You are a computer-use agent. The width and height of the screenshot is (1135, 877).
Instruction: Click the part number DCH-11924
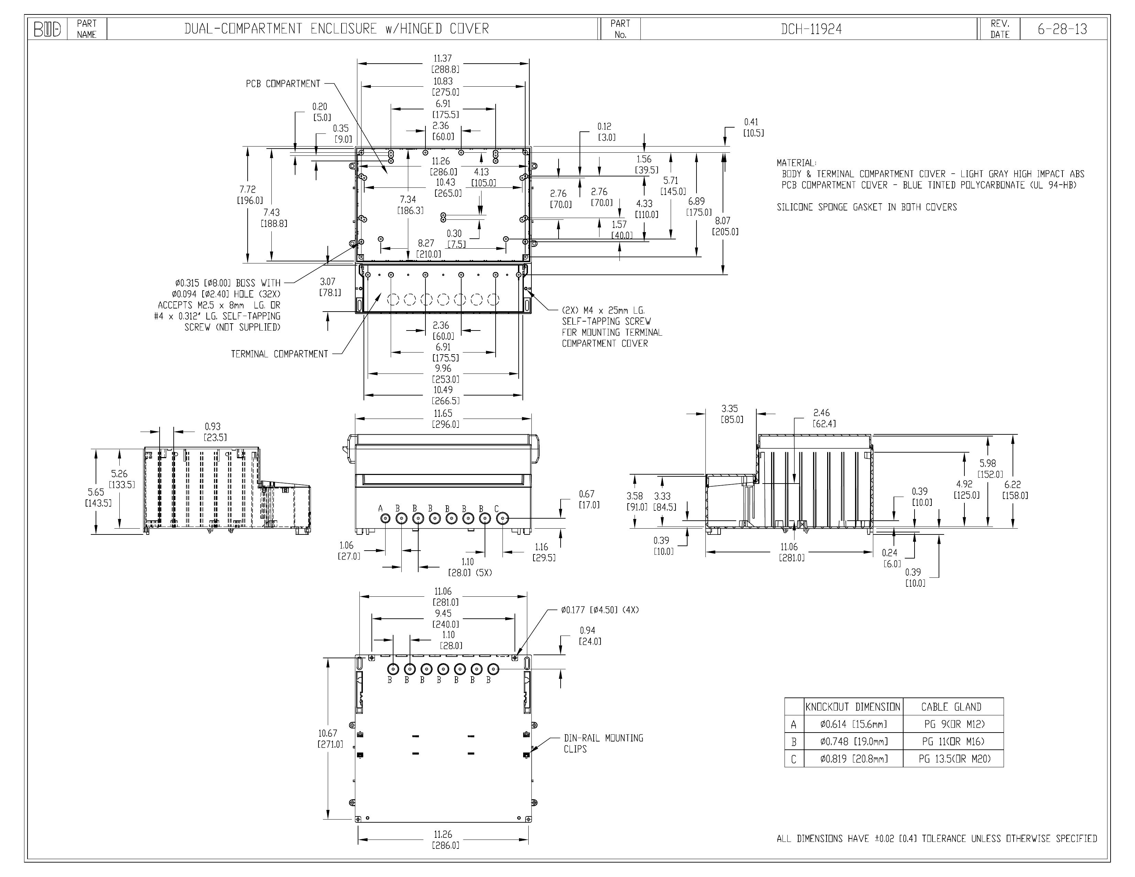pos(811,29)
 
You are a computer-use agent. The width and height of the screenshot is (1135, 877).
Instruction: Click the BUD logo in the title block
pos(47,30)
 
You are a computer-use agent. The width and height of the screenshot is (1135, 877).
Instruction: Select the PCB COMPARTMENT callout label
pos(283,84)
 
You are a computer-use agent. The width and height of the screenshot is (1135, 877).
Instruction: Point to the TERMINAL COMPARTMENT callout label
pos(280,354)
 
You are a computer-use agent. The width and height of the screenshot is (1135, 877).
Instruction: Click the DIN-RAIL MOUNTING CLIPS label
pos(603,744)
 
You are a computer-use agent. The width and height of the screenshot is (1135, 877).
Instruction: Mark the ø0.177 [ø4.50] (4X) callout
pos(600,610)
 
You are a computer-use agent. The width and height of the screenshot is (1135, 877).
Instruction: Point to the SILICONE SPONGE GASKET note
pos(866,207)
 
